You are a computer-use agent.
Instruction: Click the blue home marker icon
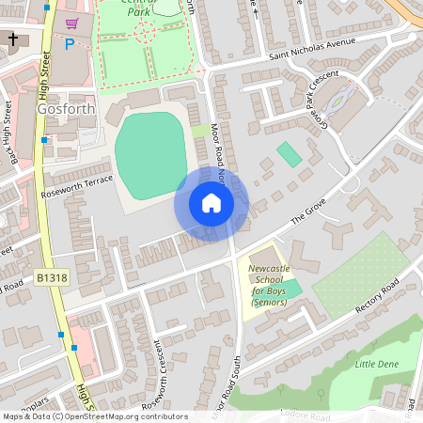pos(211,203)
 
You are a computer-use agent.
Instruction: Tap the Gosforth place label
pos(67,108)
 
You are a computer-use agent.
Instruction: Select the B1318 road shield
pos(54,278)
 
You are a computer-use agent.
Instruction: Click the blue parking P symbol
pos(69,43)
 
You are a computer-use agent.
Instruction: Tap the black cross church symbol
pos(13,39)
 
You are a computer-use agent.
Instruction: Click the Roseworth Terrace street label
pos(77,185)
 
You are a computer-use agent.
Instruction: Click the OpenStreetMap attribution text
pos(94,415)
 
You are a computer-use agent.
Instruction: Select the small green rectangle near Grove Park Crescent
pos(290,155)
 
